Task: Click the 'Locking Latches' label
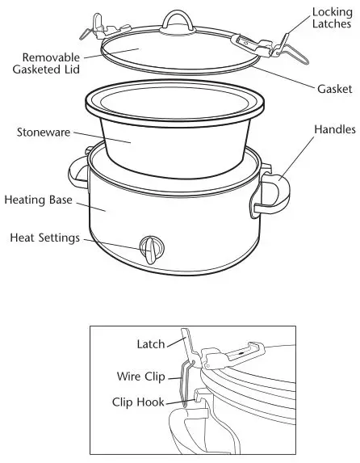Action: (331, 17)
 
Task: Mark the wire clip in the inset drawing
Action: (182, 380)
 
